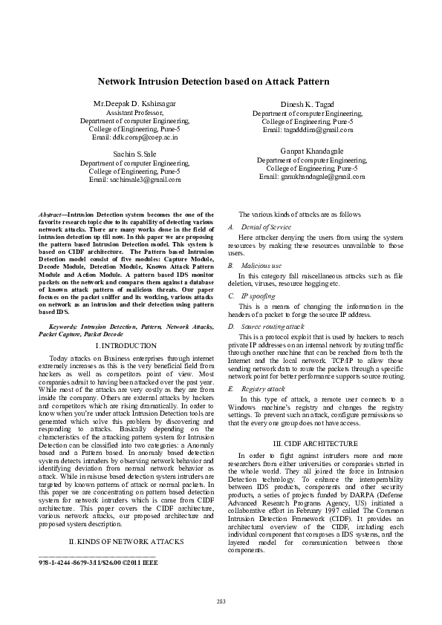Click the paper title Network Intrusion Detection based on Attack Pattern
[x=220, y=82]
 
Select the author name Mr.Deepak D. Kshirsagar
[x=134, y=102]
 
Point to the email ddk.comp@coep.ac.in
[x=134, y=137]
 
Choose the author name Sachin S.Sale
[x=134, y=154]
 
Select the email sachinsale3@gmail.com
[x=134, y=180]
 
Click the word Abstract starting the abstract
[x=50, y=214]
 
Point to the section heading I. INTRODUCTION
[x=126, y=346]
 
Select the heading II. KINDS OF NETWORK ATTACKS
[x=126, y=541]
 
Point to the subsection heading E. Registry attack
[x=259, y=388]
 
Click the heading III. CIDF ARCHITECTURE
[x=312, y=443]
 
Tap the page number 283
[x=221, y=600]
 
